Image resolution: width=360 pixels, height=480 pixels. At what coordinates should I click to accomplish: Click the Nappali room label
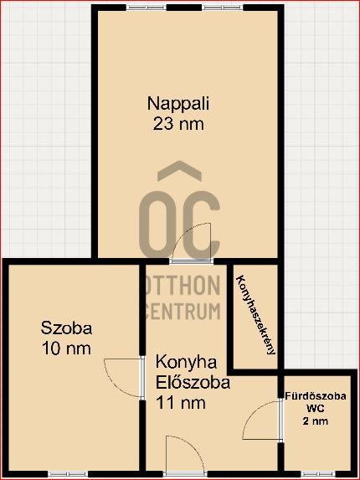[x=178, y=105]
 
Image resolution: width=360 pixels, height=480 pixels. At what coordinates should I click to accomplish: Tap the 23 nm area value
[x=178, y=125]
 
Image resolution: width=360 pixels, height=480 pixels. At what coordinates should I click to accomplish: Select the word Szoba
[x=66, y=328]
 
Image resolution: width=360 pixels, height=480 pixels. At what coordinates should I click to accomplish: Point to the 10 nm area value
[x=66, y=348]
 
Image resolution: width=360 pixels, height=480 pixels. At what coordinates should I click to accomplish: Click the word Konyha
[x=186, y=364]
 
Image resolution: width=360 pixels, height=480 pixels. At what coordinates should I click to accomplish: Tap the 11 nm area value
[x=180, y=403]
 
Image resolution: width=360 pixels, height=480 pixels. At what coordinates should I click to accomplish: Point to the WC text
[x=316, y=409]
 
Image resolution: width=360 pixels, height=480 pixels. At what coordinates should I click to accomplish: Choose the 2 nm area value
[x=316, y=421]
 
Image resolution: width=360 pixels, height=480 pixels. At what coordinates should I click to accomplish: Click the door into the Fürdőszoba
[x=266, y=418]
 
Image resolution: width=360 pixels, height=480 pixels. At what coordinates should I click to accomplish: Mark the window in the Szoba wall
[x=68, y=474]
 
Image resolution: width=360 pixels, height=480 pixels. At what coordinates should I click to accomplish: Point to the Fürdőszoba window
[x=316, y=474]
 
